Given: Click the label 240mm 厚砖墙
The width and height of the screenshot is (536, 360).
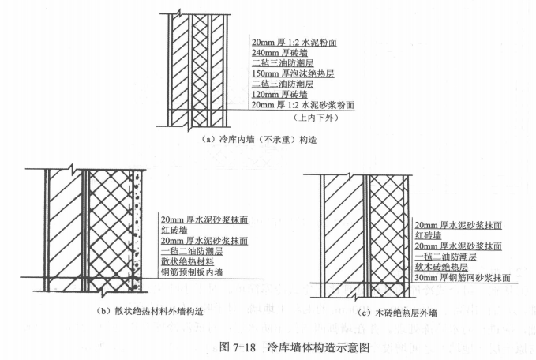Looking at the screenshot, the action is (x=279, y=53).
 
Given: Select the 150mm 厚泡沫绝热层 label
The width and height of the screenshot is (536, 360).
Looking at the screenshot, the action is (x=293, y=73).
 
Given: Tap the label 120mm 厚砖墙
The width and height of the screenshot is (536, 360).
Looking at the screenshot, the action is (x=279, y=95).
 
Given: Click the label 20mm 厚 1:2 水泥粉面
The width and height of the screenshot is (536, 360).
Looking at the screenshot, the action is (x=294, y=42).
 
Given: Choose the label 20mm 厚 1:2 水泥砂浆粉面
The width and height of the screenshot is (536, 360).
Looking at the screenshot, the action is (x=303, y=105).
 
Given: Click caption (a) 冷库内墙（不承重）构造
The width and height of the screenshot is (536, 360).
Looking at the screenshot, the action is (x=259, y=140).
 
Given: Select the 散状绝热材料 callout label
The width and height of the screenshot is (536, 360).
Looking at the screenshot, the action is (x=187, y=261).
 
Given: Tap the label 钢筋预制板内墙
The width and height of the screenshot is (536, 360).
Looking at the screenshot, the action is (x=192, y=272).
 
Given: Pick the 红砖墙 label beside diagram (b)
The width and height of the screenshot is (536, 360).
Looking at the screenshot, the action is (x=174, y=230).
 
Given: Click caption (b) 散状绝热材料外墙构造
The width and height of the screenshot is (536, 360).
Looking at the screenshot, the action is (x=149, y=311).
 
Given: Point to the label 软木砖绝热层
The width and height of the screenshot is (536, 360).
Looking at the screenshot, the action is (x=441, y=267).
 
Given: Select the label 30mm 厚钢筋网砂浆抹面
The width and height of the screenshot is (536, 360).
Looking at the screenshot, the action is (x=463, y=278).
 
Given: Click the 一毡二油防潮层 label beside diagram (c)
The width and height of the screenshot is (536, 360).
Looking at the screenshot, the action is (x=446, y=257).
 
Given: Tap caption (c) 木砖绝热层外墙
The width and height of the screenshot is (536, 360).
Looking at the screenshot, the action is (x=397, y=313).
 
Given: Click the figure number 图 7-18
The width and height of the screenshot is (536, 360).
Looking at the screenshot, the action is (x=238, y=347).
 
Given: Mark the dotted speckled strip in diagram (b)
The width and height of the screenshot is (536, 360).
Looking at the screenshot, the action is (x=137, y=231).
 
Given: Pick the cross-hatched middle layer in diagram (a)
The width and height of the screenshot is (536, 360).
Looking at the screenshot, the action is (x=200, y=70).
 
